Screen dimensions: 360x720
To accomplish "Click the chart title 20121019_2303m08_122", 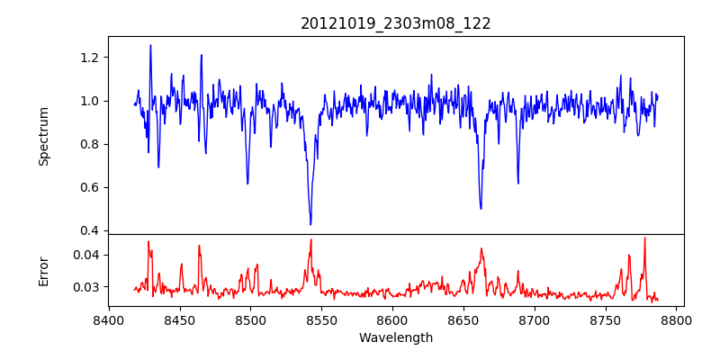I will [396, 24].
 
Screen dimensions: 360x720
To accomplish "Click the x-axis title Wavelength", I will [396, 337].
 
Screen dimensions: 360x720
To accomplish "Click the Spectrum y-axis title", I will [43, 135].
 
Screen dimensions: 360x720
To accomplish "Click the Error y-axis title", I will [43, 270].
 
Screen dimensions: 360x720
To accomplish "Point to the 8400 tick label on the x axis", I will [109, 319].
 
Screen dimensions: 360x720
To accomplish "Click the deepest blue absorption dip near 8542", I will [310, 224].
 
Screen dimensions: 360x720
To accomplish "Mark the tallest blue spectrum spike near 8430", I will [150, 45].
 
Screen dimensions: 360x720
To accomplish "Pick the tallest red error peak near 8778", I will [644, 238].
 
